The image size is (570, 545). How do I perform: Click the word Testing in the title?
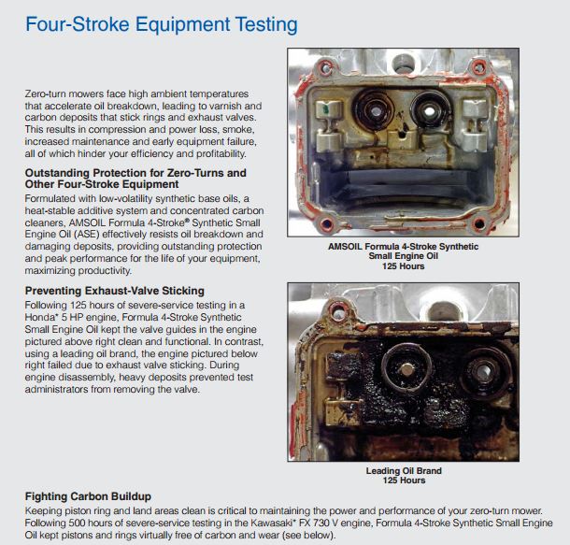[x=266, y=25]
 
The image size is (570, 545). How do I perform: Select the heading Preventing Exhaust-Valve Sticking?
[x=115, y=291]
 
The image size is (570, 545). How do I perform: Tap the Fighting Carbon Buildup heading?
[x=88, y=496]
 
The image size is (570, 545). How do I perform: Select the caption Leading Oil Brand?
[x=404, y=471]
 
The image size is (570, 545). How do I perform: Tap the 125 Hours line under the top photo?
[x=403, y=266]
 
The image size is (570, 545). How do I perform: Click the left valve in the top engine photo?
[x=374, y=110]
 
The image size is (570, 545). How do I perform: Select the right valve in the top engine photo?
[x=429, y=109]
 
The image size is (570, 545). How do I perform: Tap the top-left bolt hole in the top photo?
[x=324, y=67]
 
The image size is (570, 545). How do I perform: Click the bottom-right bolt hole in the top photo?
[x=478, y=222]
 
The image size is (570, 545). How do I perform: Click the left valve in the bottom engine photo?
[x=406, y=368]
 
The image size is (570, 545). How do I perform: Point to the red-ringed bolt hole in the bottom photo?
[x=338, y=311]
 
